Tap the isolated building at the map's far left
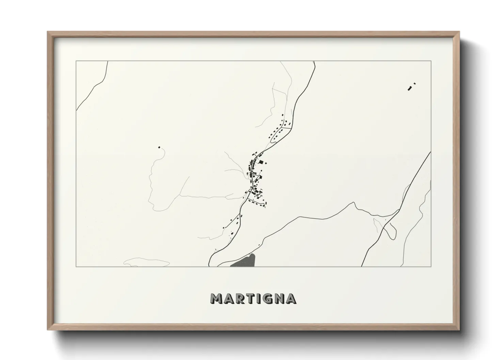point(159,147)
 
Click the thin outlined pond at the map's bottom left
point(146,263)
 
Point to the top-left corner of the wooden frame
point(48,32)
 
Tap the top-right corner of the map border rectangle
point(431,61)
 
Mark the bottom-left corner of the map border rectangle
point(76,267)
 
